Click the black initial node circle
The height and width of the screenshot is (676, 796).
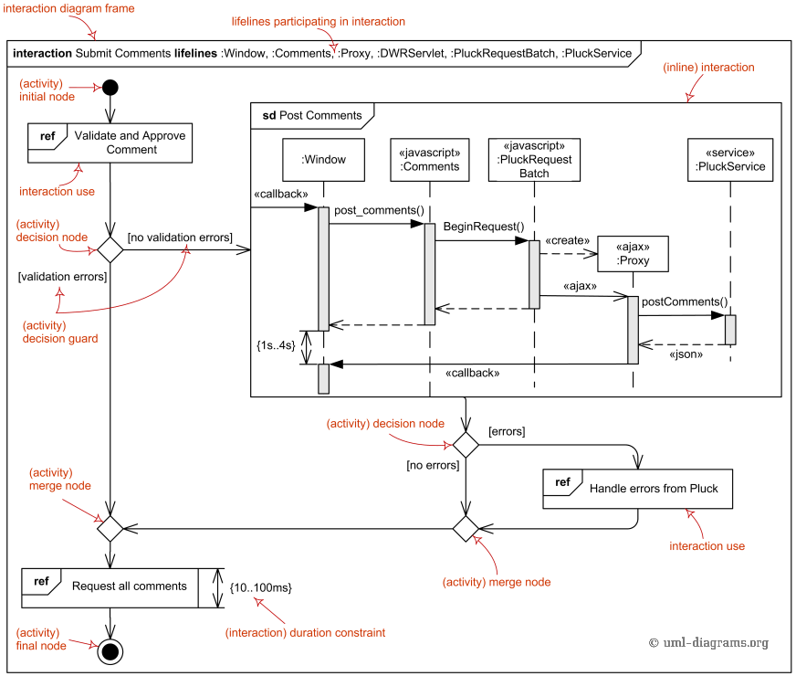pyautogui.click(x=110, y=88)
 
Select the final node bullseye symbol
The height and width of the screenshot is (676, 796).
pyautogui.click(x=110, y=650)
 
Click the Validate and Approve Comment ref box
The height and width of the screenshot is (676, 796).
pyautogui.click(x=110, y=143)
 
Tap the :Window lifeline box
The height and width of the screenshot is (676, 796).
pyautogui.click(x=323, y=160)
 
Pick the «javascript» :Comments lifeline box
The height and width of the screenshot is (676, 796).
pyautogui.click(x=429, y=160)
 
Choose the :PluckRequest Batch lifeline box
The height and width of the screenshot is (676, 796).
pyautogui.click(x=535, y=159)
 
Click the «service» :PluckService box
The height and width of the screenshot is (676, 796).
pyautogui.click(x=729, y=160)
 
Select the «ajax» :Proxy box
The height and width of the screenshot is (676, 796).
pyautogui.click(x=633, y=254)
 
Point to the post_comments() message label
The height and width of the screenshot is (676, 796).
pyautogui.click(x=379, y=211)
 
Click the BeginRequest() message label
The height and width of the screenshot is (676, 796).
pyautogui.click(x=484, y=227)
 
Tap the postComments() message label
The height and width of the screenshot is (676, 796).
pyautogui.click(x=685, y=302)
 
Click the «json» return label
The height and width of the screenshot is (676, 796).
pyautogui.click(x=686, y=354)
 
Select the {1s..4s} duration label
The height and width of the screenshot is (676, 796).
pyautogui.click(x=276, y=347)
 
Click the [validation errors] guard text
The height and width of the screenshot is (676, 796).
pyautogui.click(x=62, y=275)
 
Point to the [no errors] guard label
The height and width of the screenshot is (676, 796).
pyautogui.click(x=432, y=465)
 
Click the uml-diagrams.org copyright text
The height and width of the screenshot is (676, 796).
pyautogui.click(x=708, y=643)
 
